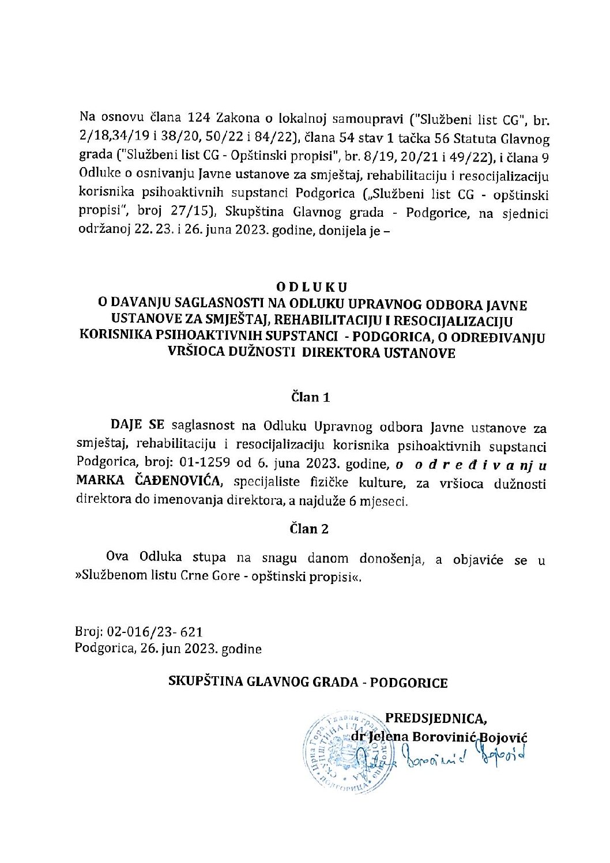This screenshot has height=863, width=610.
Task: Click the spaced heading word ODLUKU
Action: coord(311,287)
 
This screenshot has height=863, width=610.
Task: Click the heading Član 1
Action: coord(310,397)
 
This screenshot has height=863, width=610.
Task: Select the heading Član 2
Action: coord(310,529)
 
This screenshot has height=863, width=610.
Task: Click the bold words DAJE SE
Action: coord(137,425)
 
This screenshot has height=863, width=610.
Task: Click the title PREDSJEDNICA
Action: coord(435,718)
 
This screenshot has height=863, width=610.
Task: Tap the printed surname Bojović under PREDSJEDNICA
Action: coord(503,737)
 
